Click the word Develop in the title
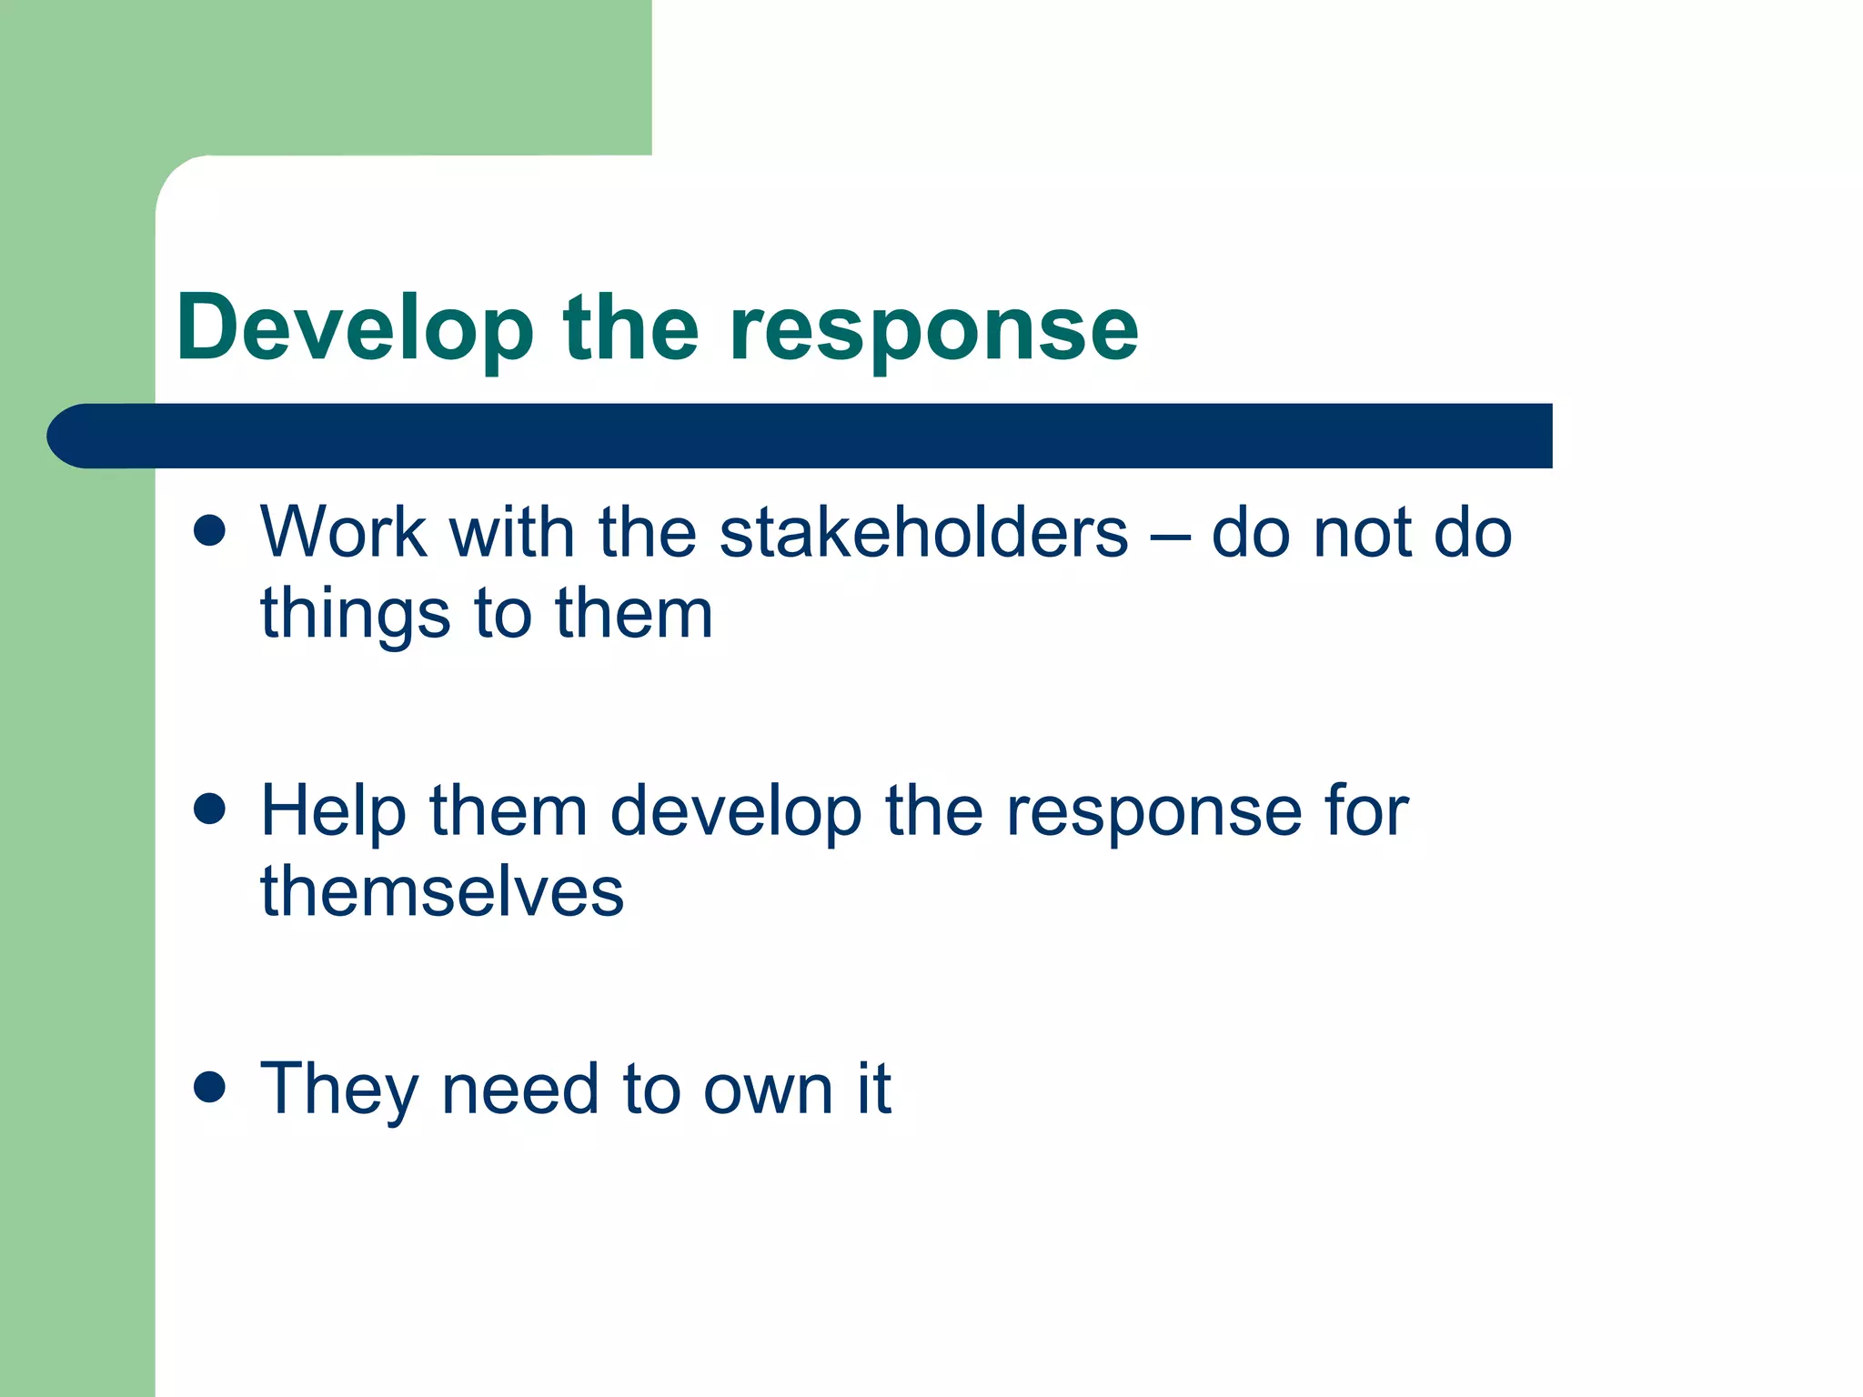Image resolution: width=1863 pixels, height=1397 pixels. (355, 329)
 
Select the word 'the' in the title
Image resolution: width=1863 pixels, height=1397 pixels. (631, 329)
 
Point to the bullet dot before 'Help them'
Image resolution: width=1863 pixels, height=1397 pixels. (210, 809)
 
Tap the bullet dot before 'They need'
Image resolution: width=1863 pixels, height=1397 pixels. (210, 1086)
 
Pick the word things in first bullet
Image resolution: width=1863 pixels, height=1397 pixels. (355, 614)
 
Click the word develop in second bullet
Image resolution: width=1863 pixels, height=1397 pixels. (735, 811)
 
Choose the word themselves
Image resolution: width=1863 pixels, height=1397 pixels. (442, 891)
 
